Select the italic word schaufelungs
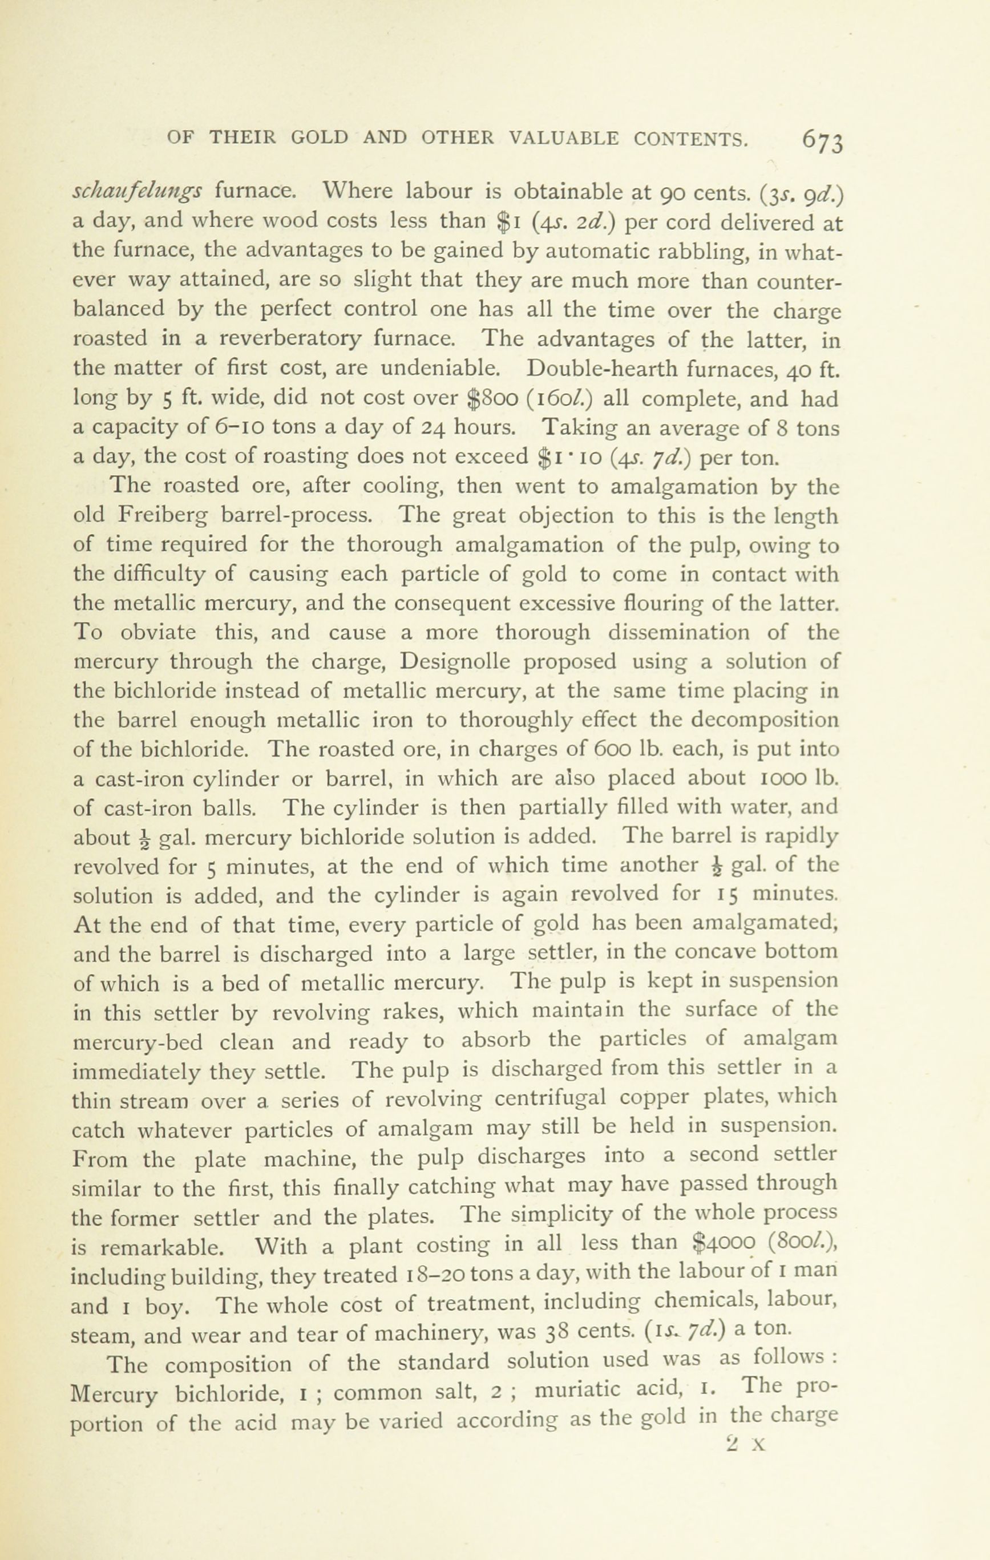[138, 192]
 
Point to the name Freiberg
[163, 516]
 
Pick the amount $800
[492, 398]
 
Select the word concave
[716, 953]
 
